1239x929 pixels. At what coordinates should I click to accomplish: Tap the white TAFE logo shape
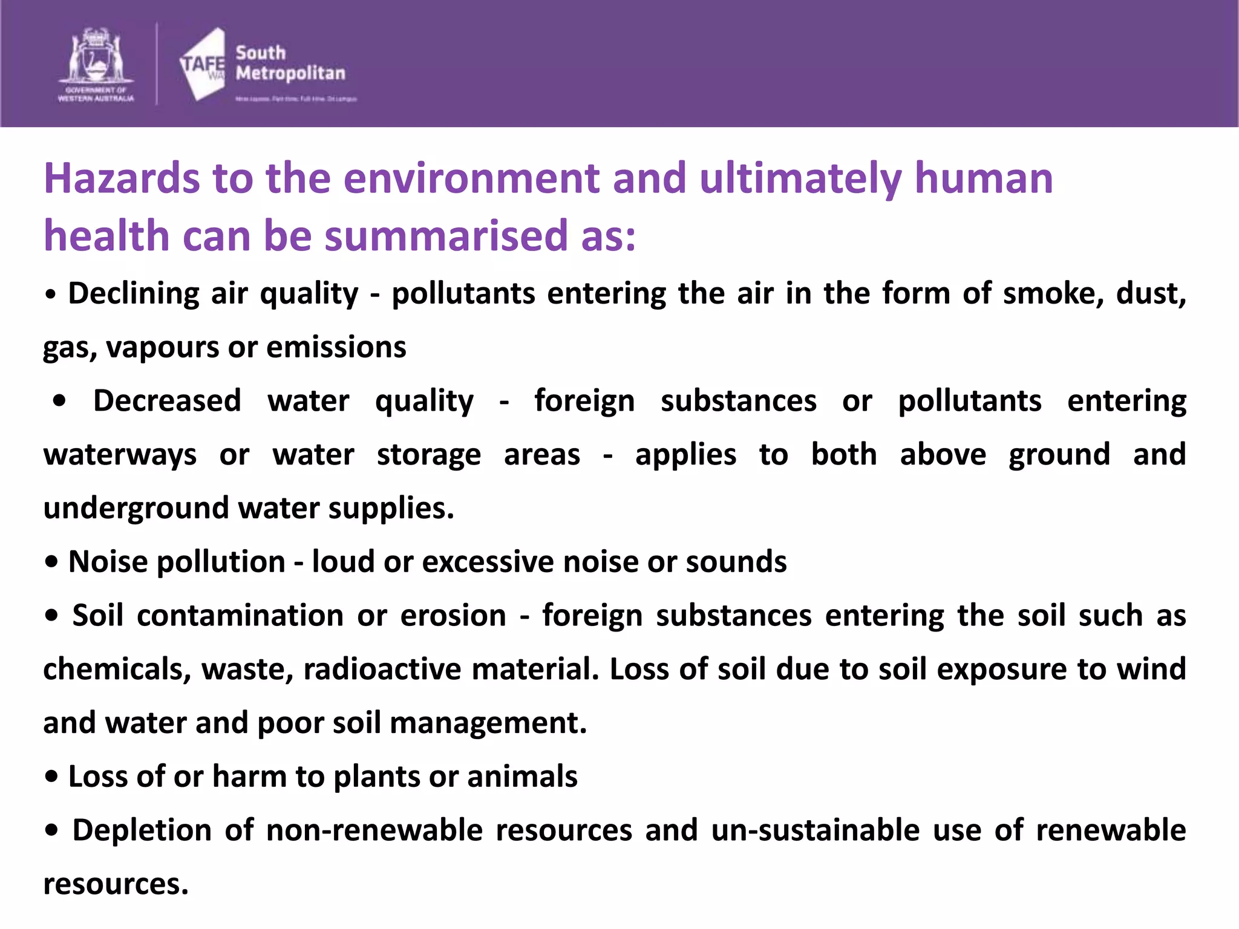click(203, 64)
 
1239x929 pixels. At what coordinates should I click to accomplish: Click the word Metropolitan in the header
click(290, 73)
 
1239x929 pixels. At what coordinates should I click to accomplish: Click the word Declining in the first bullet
click(134, 293)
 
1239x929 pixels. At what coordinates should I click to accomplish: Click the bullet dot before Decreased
click(59, 401)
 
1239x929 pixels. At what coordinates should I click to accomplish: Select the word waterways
click(120, 455)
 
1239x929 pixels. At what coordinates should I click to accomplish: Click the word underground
click(136, 508)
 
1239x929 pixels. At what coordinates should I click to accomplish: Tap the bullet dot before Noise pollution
click(51, 562)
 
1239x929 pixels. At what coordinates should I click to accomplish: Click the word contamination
click(241, 616)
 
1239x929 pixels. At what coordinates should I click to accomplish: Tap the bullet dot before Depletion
click(51, 830)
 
